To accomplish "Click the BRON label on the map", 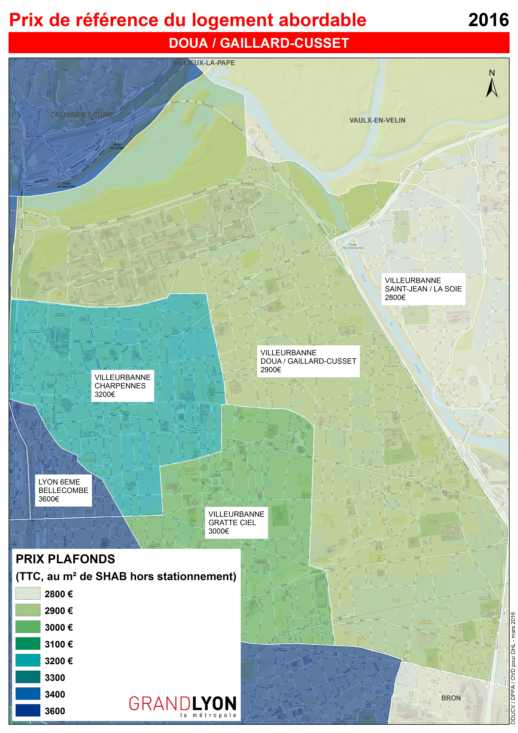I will pyautogui.click(x=451, y=698).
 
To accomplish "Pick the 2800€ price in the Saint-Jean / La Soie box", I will pyautogui.click(x=395, y=298).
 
